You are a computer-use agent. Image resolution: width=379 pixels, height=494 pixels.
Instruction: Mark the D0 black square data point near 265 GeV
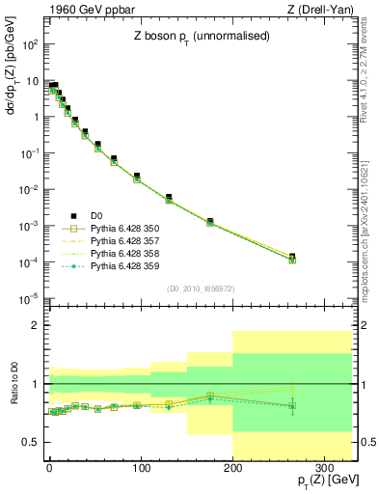pyautogui.click(x=292, y=257)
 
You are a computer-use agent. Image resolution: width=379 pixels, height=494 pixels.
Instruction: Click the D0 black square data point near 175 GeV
pyautogui.click(x=210, y=221)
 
